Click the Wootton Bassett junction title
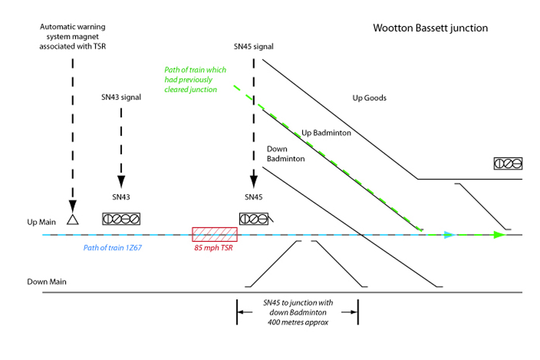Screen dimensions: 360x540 [430, 28]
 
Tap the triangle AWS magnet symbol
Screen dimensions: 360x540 [72, 219]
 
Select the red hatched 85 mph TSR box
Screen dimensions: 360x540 [214, 235]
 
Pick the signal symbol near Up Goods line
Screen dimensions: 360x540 [508, 164]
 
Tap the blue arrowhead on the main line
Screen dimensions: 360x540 [448, 235]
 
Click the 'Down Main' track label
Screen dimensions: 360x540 [43, 281]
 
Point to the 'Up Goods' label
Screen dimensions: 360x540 [369, 98]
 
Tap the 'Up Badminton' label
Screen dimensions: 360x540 [326, 133]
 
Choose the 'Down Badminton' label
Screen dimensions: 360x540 [285, 154]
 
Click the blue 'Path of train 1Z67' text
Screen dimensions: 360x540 [112, 247]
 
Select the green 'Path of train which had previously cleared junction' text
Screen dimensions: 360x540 [195, 79]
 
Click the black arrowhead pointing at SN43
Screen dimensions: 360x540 [121, 182]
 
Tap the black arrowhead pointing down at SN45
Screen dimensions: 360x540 [254, 181]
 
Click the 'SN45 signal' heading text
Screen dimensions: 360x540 [254, 46]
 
